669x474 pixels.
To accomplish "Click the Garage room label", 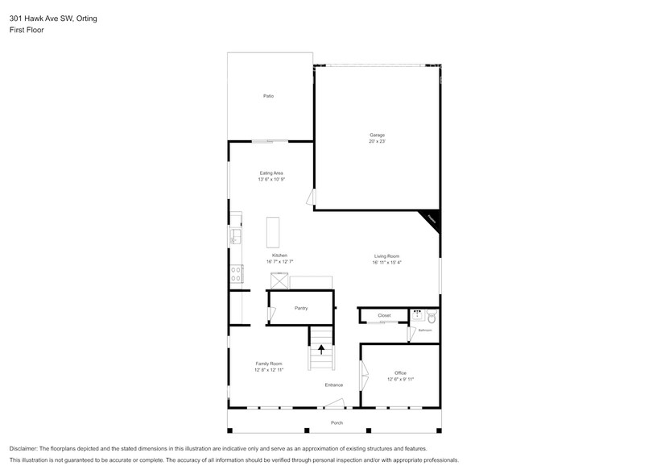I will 377,135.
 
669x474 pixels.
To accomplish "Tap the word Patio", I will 268,97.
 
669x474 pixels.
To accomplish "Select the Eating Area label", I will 271,173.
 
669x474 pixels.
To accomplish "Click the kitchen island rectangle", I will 274,232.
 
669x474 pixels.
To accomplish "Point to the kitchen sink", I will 235,235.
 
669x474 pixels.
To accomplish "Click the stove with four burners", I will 236,274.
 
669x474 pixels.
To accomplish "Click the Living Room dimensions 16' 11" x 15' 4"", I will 386,263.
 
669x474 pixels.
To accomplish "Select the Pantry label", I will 300,307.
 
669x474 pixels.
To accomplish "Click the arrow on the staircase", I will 321,350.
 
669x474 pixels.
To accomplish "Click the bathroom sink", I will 417,315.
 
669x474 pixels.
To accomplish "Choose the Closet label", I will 384,315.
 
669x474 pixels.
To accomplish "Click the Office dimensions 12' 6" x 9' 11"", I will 400,379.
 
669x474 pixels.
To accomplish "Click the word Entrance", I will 334,385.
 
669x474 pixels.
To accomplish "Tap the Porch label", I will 337,423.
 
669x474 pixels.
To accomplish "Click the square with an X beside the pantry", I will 279,280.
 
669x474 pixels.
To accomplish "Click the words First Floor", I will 27,30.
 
